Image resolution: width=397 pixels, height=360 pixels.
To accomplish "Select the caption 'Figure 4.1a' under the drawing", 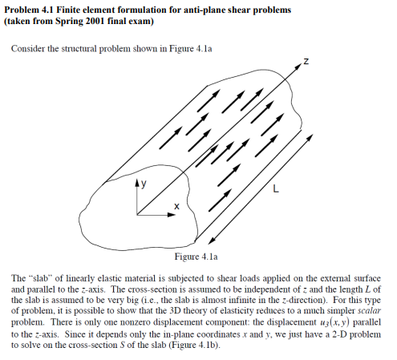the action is (x=197, y=257).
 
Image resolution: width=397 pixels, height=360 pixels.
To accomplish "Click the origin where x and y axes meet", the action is (x=137, y=215).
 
